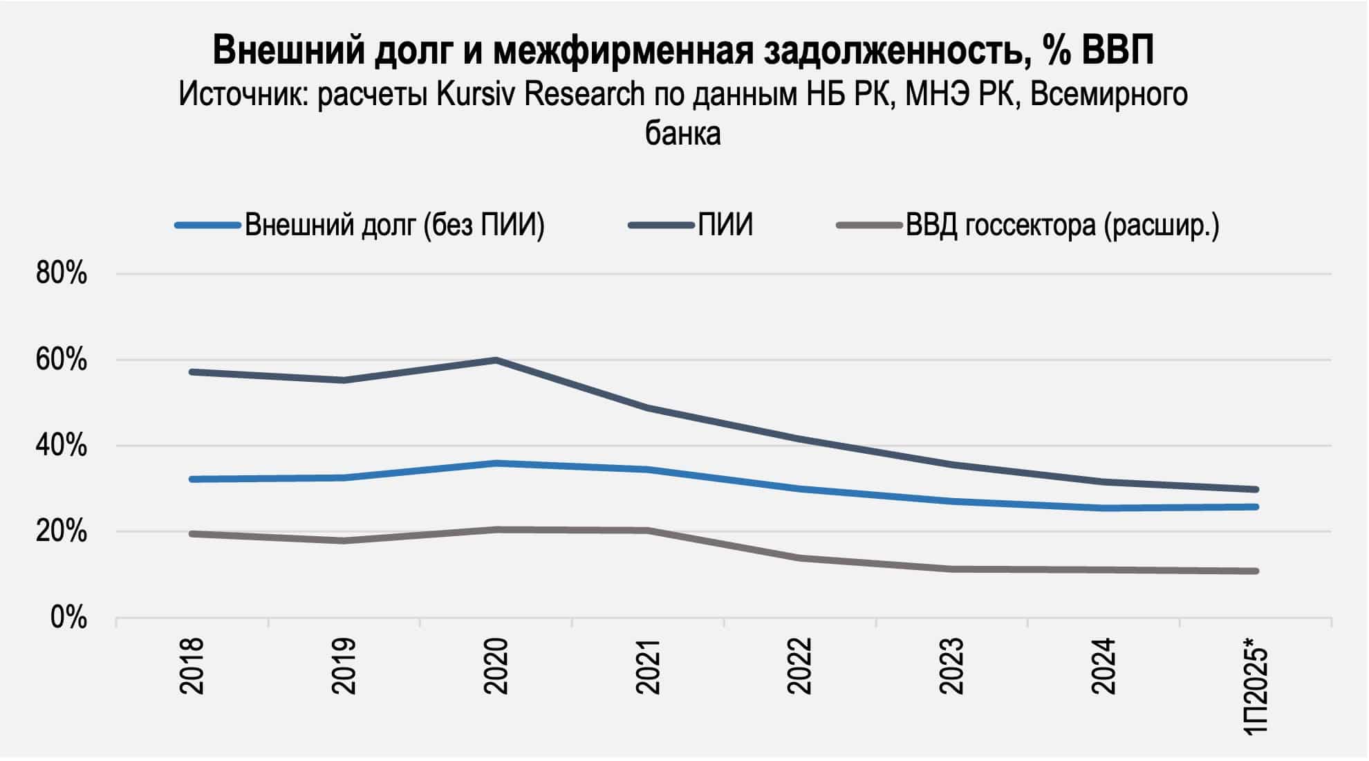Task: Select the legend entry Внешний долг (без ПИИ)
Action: click(x=394, y=226)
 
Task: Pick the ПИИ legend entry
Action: click(x=725, y=226)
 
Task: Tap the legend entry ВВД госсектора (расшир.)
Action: click(x=1062, y=226)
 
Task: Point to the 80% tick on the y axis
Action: click(x=62, y=274)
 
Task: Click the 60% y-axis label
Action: click(x=62, y=360)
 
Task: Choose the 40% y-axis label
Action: click(x=62, y=446)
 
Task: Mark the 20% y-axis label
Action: click(x=62, y=532)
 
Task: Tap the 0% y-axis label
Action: click(x=68, y=618)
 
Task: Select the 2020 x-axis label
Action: click(x=496, y=666)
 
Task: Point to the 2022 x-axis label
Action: click(x=800, y=666)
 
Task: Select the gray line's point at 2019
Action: click(x=344, y=540)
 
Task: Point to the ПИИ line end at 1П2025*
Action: click(x=1256, y=489)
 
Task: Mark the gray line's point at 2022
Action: click(x=800, y=558)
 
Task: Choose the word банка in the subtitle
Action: click(x=683, y=133)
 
